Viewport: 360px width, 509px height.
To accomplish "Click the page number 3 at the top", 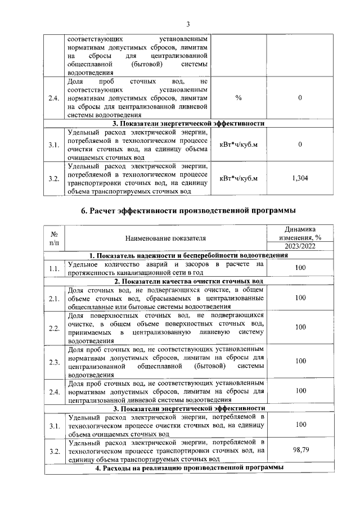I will coord(188,23).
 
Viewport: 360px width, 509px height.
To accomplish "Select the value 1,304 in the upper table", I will coord(300,178).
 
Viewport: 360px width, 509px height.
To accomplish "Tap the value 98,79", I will coord(300,451).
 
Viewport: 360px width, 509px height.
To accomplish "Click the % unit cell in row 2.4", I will coord(238,98).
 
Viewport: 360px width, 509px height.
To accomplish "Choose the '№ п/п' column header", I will coord(55,238).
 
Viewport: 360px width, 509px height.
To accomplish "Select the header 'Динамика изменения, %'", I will coord(300,233).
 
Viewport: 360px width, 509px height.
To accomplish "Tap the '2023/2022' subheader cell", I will coord(300,246).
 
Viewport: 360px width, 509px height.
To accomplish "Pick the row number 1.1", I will coord(55,268).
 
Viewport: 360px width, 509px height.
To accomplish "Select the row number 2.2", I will coord(55,327).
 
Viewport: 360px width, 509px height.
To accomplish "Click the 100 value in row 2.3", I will coord(300,361).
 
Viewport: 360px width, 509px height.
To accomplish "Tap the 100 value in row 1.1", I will coord(300,268).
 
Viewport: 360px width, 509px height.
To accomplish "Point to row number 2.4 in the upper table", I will coord(55,98).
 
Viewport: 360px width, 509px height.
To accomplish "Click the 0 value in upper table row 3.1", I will coord(300,145).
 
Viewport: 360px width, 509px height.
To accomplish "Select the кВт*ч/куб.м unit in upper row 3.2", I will coord(238,178).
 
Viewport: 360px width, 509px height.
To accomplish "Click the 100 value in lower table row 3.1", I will coord(300,425).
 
